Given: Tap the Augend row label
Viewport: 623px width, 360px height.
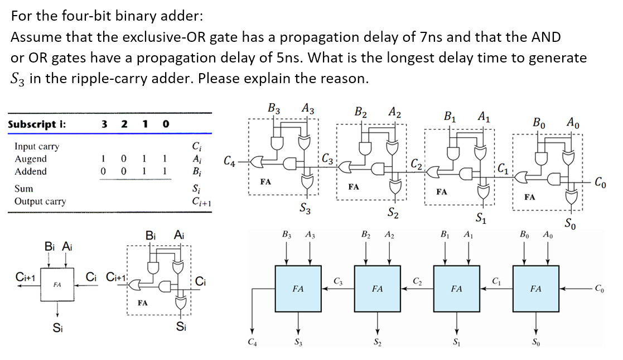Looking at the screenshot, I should [31, 159].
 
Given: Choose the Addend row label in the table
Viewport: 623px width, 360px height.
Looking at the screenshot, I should [31, 171].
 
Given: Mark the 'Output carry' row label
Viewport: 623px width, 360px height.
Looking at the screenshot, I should [40, 201].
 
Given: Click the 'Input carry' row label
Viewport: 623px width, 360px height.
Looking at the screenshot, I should [37, 147].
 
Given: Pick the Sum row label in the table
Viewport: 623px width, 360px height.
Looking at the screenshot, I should [24, 189].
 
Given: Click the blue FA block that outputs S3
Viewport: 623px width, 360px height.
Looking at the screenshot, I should [298, 289].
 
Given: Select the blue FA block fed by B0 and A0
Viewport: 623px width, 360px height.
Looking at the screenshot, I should [535, 289].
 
